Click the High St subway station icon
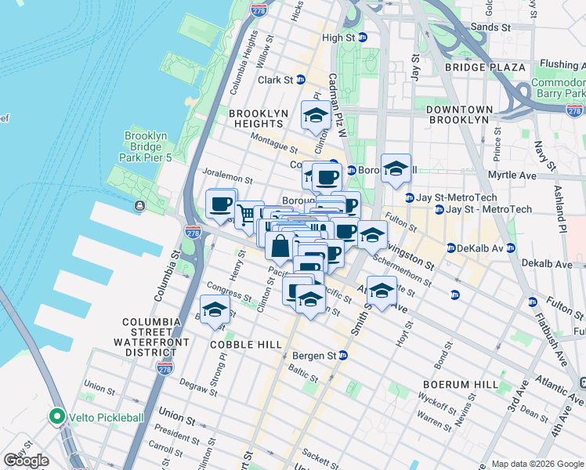pyautogui.click(x=363, y=38)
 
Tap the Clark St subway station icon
pyautogui.click(x=299, y=80)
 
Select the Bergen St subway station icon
pyautogui.click(x=342, y=355)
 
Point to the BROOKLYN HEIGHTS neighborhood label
pyautogui.click(x=256, y=118)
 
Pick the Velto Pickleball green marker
pyautogui.click(x=56, y=416)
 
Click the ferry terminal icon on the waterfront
pyautogui.click(x=139, y=206)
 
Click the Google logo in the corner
pyautogui.click(x=26, y=461)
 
